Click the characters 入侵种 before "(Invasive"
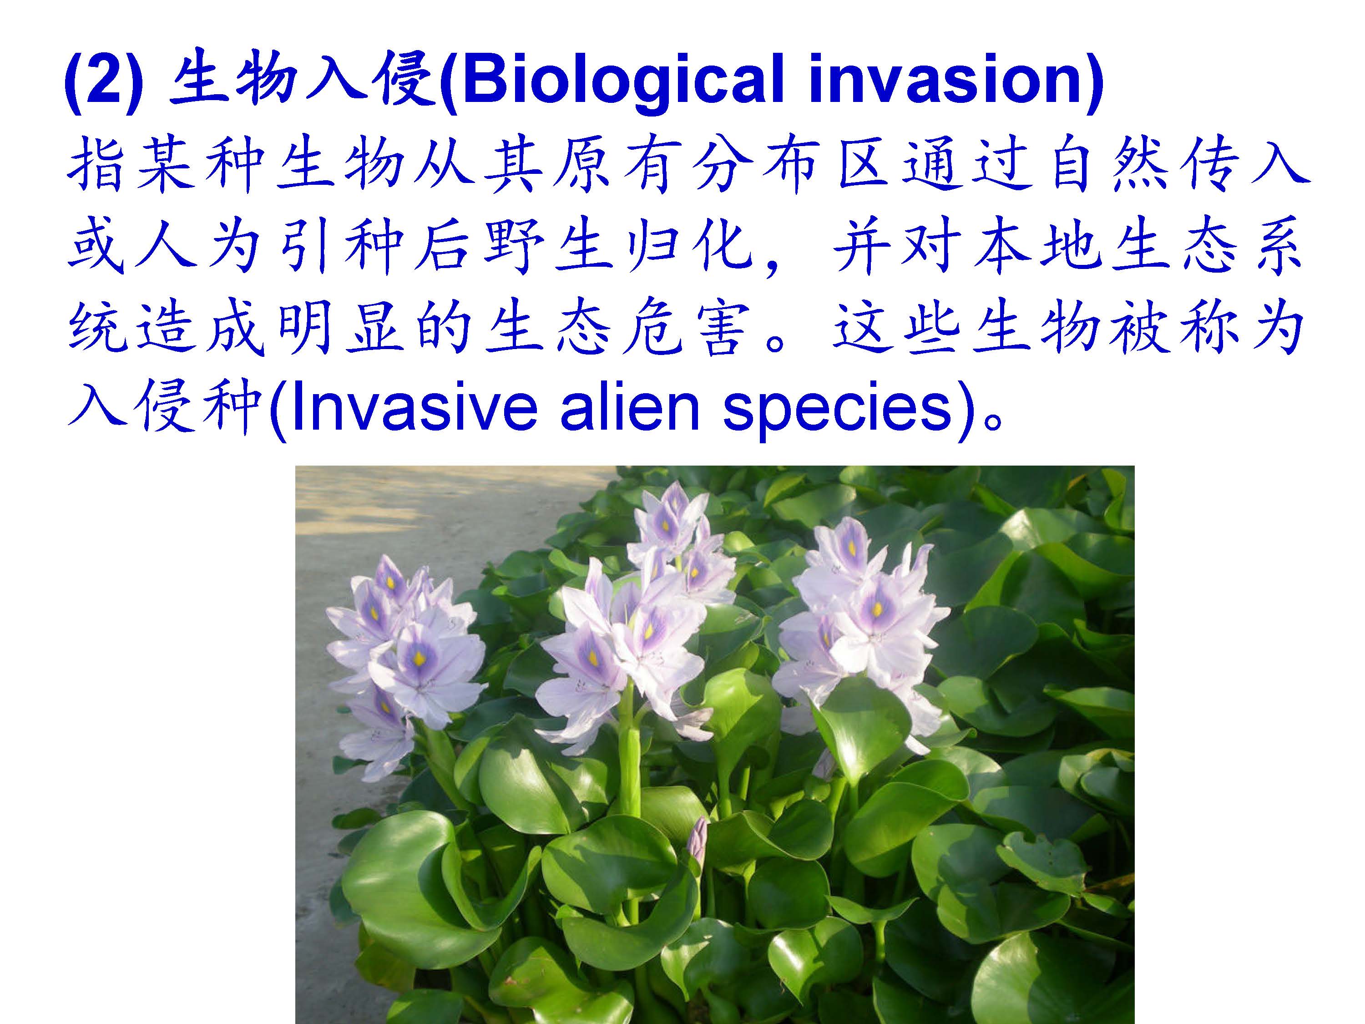coord(167,407)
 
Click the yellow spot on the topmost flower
coord(666,526)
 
